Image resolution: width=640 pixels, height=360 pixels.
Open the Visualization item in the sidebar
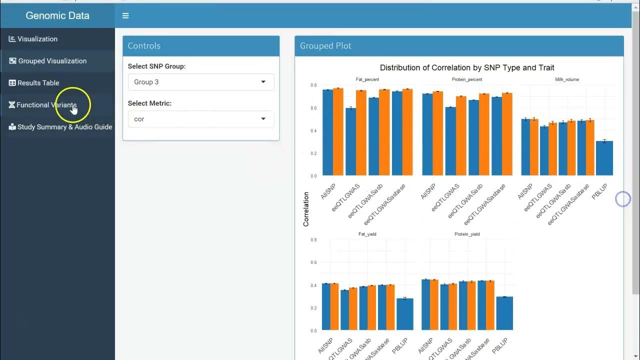(x=37, y=39)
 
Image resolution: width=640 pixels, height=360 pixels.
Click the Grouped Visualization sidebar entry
(x=52, y=61)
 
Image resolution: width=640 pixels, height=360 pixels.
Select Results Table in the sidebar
(x=38, y=83)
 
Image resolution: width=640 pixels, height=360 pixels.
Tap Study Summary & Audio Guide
(x=64, y=127)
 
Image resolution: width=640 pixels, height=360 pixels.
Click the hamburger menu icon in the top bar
(x=125, y=16)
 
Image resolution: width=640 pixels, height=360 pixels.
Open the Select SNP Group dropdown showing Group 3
(x=200, y=82)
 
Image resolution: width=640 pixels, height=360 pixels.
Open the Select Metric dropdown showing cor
(x=200, y=119)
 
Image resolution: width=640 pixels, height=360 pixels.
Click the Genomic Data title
(x=57, y=15)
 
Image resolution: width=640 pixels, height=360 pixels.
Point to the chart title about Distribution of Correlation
(x=467, y=67)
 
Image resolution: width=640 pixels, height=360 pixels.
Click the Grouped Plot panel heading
(x=325, y=46)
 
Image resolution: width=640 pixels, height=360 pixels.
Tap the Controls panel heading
(x=144, y=46)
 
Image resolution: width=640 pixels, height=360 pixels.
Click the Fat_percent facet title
(x=367, y=79)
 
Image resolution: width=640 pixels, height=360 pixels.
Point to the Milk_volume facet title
(x=567, y=79)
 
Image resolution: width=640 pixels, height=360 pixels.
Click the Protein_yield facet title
(x=467, y=234)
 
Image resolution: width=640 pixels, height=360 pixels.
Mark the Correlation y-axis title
(x=306, y=209)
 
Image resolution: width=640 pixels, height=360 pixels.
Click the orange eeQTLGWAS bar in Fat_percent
(x=361, y=132)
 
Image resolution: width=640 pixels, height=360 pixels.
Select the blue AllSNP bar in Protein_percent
(x=427, y=134)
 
